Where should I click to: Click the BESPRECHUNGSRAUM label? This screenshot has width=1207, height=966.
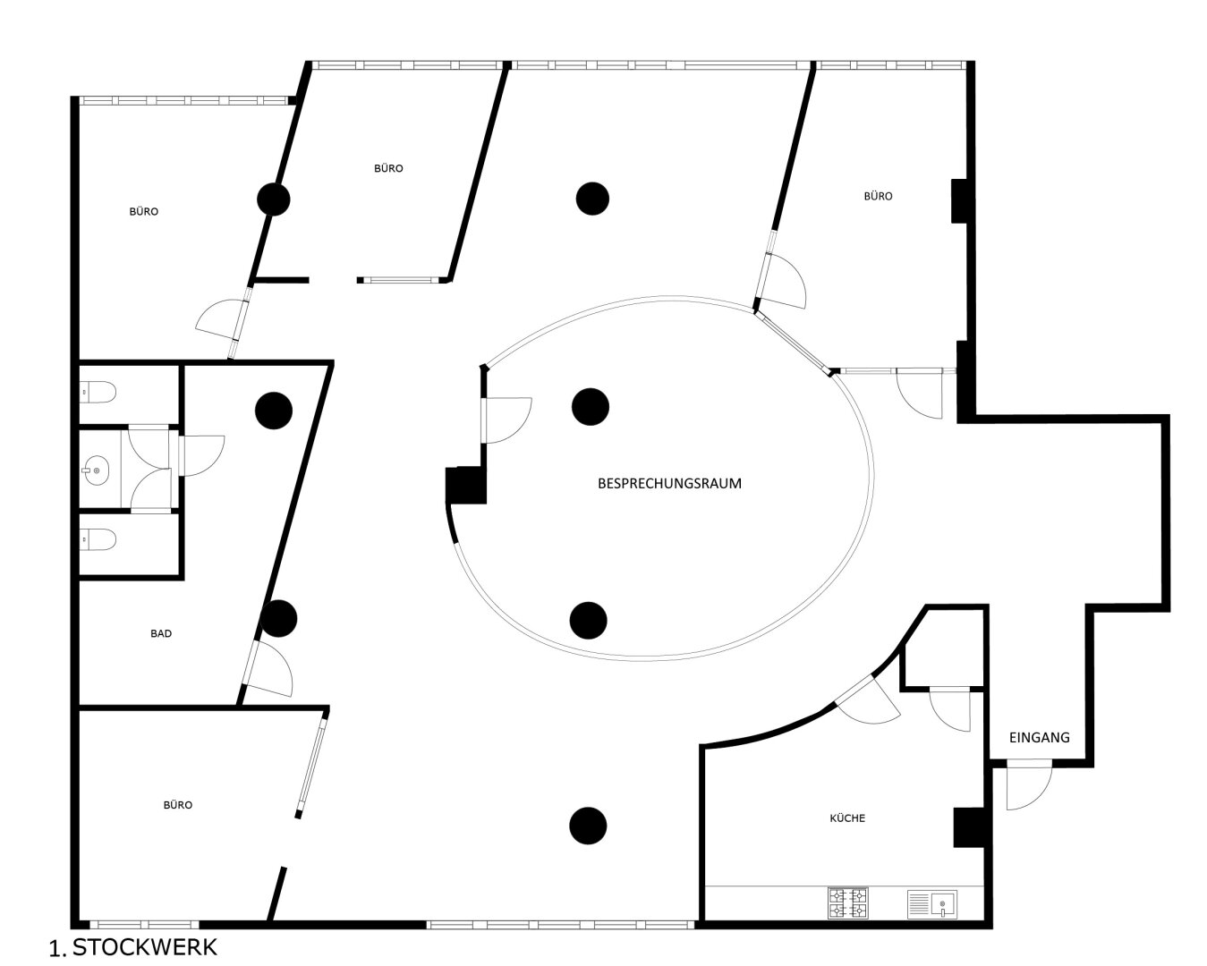point(669,483)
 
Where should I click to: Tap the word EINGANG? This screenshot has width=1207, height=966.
point(1039,737)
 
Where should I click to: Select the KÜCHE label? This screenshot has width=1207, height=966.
point(847,818)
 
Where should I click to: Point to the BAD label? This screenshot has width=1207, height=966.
point(161,633)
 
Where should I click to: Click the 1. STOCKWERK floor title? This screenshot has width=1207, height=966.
point(133,947)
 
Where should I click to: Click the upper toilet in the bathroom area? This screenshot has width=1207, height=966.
point(98,393)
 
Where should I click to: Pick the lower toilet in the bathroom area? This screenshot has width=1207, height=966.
point(98,540)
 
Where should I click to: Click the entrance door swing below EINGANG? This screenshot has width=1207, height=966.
point(1029,786)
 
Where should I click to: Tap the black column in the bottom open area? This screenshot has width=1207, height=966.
point(588,826)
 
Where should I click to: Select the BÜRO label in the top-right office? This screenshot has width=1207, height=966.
point(878,196)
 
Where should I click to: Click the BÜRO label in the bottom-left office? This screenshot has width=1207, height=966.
point(178,805)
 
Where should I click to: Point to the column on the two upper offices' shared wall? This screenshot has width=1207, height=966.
point(273,199)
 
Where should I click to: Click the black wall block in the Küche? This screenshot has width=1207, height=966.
point(969,827)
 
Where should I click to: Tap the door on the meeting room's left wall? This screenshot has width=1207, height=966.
point(506,420)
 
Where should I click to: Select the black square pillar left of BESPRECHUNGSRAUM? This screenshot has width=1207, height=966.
point(465,485)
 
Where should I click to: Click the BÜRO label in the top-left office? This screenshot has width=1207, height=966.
point(143,212)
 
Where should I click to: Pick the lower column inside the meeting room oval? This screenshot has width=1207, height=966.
point(588,620)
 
